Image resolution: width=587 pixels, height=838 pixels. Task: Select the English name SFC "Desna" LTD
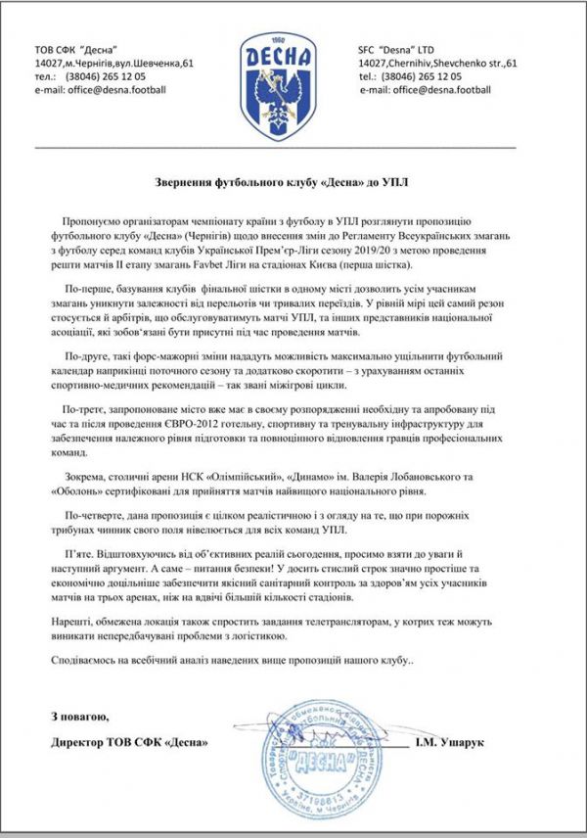tap(397, 49)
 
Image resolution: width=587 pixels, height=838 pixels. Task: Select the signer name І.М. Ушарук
tap(465, 743)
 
